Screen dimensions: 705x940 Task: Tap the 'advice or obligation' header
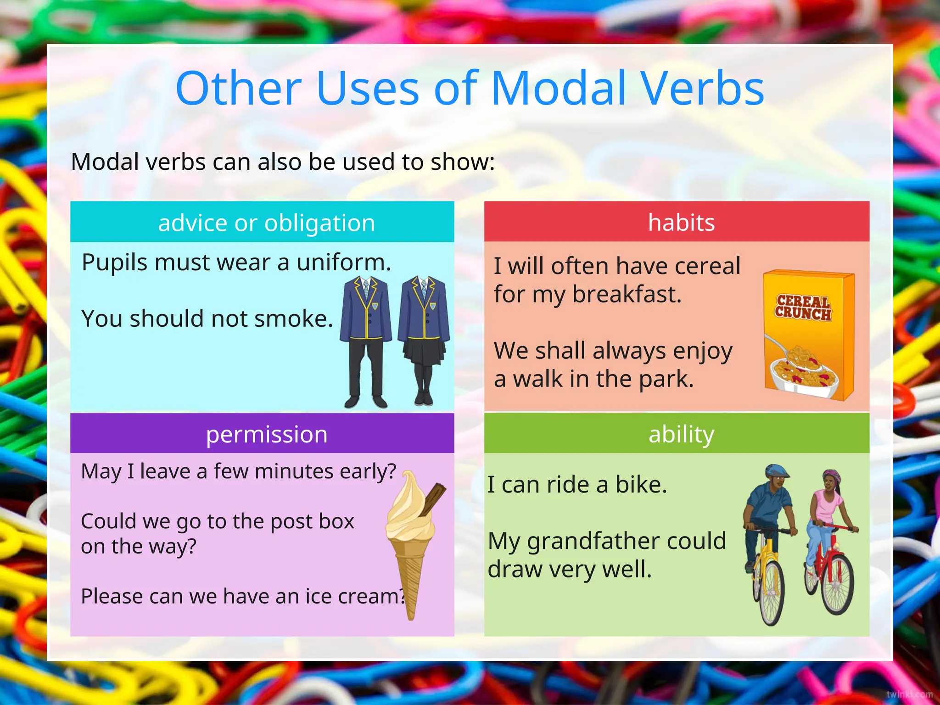pos(266,223)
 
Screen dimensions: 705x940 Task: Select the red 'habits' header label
pos(681,223)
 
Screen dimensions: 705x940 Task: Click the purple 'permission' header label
pos(266,434)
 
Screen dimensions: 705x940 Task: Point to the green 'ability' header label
pos(681,434)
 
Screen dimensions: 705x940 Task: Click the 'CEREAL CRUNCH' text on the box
pos(803,308)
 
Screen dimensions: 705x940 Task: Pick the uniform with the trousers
pos(366,340)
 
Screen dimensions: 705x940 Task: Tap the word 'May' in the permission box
pos(101,471)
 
